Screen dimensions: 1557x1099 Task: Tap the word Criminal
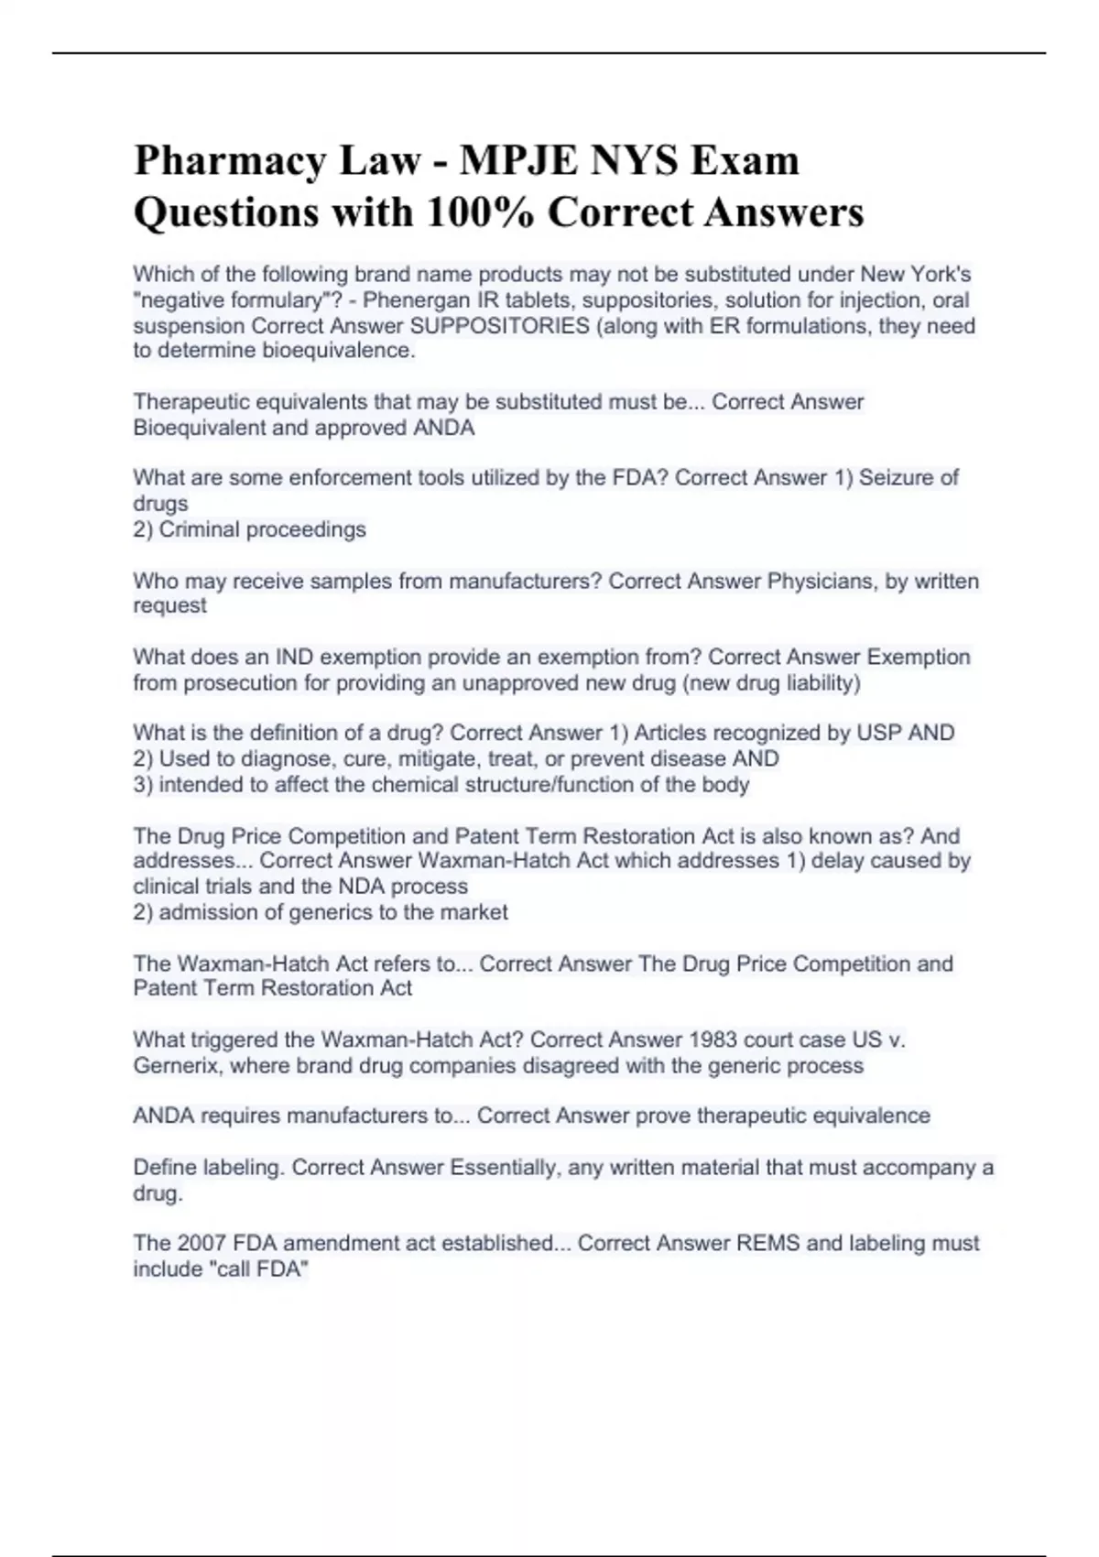click(199, 529)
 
